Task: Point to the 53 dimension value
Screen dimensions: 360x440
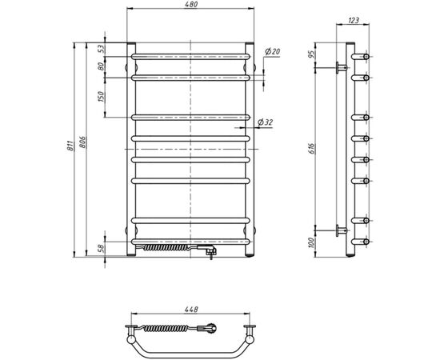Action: coord(102,49)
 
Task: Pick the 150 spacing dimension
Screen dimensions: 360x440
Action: coord(102,97)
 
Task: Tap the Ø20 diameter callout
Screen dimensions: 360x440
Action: coord(273,52)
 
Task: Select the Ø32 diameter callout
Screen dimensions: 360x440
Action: coord(266,122)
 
